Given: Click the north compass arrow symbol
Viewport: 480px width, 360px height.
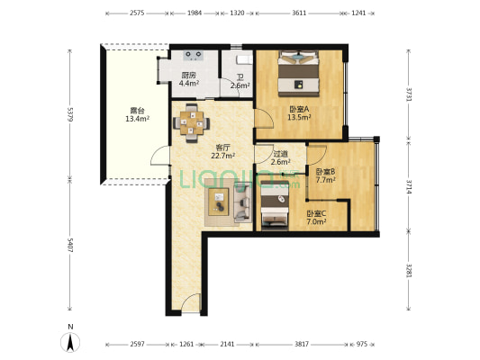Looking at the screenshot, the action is pyautogui.click(x=70, y=342).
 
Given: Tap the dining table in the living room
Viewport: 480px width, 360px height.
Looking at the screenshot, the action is pyautogui.click(x=192, y=123).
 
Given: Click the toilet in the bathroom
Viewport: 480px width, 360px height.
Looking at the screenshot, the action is pyautogui.click(x=244, y=60).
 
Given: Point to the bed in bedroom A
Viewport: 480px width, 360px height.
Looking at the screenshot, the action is pyautogui.click(x=299, y=74).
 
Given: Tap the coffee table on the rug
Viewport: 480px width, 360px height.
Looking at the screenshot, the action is pyautogui.click(x=219, y=202).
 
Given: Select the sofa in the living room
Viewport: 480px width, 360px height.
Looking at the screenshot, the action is pyautogui.click(x=243, y=202).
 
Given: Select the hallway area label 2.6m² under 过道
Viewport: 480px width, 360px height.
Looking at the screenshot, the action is pyautogui.click(x=281, y=162).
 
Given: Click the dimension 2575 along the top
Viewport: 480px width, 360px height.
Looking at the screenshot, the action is pyautogui.click(x=137, y=13).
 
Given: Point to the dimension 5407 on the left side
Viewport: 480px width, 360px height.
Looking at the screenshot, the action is pyautogui.click(x=70, y=246).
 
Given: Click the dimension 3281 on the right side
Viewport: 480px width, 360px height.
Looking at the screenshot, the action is pyautogui.click(x=409, y=271).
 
